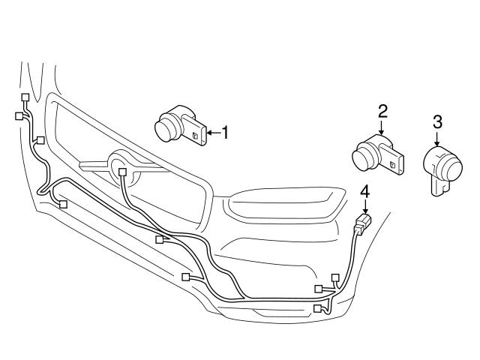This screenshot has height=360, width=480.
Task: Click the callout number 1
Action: [223, 133]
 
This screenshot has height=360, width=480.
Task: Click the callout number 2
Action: [382, 112]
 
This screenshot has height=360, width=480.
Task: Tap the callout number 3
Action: [437, 121]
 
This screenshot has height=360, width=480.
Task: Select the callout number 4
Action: [364, 193]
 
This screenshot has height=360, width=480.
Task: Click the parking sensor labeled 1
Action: [180, 126]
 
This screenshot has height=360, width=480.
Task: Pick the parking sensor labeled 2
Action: [377, 153]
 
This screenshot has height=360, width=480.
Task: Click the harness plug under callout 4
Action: [362, 221]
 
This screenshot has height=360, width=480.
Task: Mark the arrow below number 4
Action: [364, 206]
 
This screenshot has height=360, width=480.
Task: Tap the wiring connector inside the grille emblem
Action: [121, 172]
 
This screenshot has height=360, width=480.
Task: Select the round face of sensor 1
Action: [166, 128]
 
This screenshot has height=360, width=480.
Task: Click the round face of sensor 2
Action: [364, 157]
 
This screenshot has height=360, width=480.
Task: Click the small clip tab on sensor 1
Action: [196, 136]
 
